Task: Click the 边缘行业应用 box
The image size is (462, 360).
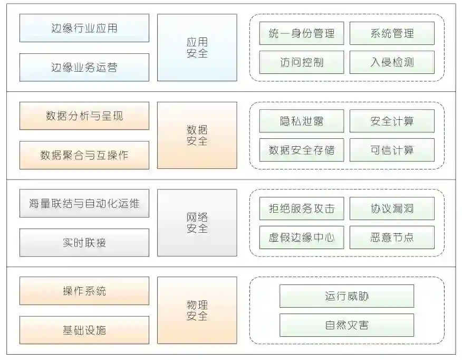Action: tap(84, 28)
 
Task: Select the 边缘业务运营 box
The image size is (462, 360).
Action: tap(84, 67)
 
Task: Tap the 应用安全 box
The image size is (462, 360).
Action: tap(197, 48)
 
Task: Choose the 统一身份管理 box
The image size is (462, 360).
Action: tap(302, 33)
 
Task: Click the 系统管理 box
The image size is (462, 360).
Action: tap(392, 33)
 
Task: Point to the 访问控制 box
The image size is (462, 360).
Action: tap(302, 62)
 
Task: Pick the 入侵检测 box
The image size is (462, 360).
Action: tap(392, 62)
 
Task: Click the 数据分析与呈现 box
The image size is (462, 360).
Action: tap(84, 116)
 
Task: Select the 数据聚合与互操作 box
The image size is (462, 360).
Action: tap(84, 155)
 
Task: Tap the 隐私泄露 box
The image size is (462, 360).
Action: tap(302, 121)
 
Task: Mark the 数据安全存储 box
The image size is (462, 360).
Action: tap(302, 150)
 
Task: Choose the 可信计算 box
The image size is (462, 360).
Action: tap(392, 150)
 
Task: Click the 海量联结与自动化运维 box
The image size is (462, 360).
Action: tap(84, 203)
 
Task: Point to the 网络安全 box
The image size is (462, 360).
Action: tap(197, 223)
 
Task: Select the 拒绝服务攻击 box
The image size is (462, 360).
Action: tap(302, 209)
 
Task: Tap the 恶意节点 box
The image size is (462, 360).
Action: tap(392, 238)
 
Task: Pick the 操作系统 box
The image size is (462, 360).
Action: tap(84, 291)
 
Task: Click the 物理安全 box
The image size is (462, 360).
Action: tap(197, 310)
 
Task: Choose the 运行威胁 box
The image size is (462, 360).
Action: tap(346, 296)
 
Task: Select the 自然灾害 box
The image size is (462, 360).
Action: tap(346, 325)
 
